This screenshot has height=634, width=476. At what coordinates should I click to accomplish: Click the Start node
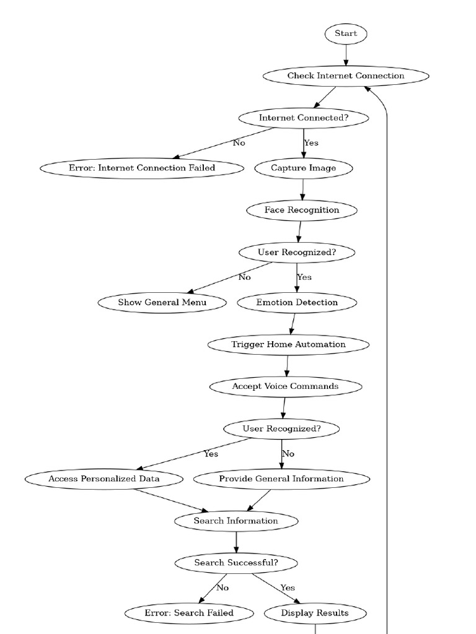(x=346, y=34)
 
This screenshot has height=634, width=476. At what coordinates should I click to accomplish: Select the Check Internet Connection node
(x=346, y=76)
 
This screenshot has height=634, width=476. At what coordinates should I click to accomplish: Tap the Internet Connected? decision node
(x=304, y=118)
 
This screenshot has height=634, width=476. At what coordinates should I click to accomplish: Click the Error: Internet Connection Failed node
(x=142, y=168)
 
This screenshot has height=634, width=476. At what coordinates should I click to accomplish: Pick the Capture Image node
(x=304, y=168)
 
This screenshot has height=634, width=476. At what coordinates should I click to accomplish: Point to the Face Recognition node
(x=302, y=210)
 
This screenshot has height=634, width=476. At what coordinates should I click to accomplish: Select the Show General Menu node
(x=162, y=302)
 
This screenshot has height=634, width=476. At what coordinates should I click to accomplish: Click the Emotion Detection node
(x=297, y=302)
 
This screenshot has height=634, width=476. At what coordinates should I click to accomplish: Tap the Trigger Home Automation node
(x=288, y=344)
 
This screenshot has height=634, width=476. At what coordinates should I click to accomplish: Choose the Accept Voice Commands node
(x=285, y=386)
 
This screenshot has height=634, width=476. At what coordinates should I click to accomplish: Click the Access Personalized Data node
(x=104, y=479)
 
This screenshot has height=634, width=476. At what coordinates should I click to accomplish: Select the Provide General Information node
(x=281, y=479)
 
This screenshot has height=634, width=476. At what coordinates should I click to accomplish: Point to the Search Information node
(x=236, y=521)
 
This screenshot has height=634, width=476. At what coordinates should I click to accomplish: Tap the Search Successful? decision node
(x=236, y=563)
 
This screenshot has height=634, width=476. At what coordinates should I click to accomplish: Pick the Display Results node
(x=315, y=613)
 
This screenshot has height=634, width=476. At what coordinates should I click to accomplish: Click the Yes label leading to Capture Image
(x=311, y=143)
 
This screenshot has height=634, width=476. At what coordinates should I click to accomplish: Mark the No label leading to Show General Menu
(x=245, y=277)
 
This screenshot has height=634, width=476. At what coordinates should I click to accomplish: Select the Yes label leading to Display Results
(x=288, y=588)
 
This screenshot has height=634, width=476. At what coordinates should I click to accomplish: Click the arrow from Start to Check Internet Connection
(x=346, y=55)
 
